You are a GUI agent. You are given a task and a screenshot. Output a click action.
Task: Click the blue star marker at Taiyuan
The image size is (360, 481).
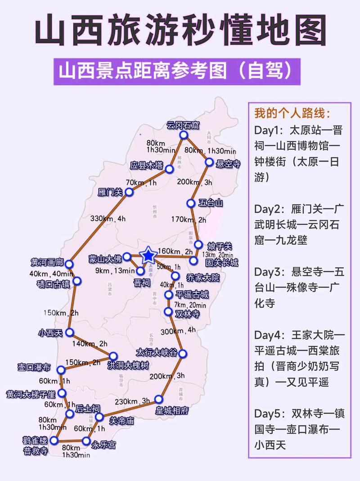click(148, 256)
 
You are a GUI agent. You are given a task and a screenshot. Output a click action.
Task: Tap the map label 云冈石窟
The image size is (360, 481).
click(183, 125)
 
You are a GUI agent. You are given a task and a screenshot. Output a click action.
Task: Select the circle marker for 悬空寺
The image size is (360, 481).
click(209, 162)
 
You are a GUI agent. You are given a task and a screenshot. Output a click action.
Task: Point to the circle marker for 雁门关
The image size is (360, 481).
click(129, 192)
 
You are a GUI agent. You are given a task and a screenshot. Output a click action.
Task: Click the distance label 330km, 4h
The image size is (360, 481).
click(108, 219)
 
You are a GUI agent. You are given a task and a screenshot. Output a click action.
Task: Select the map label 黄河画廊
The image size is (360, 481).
click(47, 262)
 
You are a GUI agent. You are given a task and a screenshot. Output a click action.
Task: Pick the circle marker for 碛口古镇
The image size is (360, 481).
click(77, 281)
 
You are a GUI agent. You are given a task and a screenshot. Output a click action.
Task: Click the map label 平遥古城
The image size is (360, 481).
click(192, 295)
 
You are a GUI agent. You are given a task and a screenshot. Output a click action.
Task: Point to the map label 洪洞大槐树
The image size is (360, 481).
click(128, 365)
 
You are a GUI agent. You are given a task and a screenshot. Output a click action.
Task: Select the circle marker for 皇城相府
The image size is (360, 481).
click(158, 399)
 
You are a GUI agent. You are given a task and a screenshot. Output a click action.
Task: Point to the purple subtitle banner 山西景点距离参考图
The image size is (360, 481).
click(180, 71)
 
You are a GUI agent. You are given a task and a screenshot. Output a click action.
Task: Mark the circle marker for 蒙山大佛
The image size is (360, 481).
click(127, 256)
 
